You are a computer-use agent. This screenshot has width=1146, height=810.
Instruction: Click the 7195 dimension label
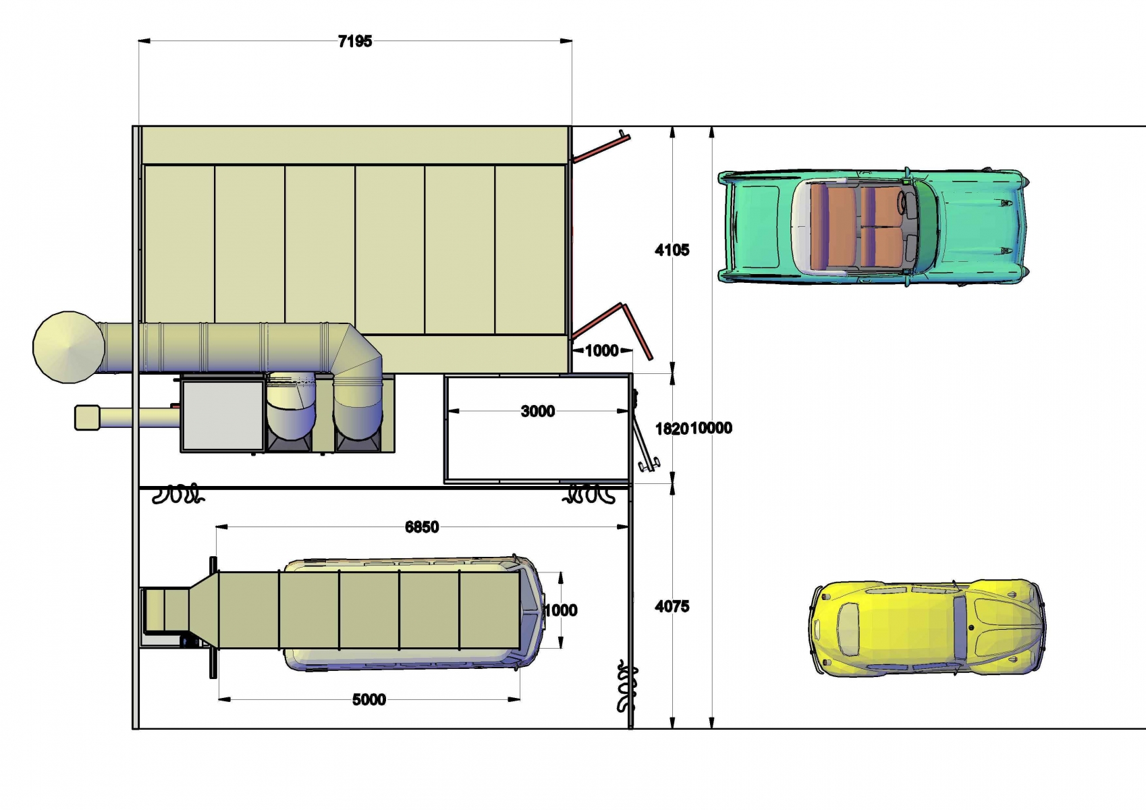tap(355, 41)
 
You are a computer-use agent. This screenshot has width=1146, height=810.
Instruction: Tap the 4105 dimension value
tap(672, 250)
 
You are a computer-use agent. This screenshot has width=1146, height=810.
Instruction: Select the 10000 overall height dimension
tap(711, 428)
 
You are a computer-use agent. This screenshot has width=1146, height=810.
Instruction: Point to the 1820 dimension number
tap(672, 428)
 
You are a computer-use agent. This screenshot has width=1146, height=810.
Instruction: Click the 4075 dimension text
tap(672, 606)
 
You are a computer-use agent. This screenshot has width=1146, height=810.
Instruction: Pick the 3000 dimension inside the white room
tap(538, 411)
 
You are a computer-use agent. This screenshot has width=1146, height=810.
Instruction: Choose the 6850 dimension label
tap(422, 527)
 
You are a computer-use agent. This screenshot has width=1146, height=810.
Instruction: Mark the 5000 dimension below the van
tap(369, 699)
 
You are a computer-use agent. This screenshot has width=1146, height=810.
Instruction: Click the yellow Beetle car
tap(927, 628)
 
